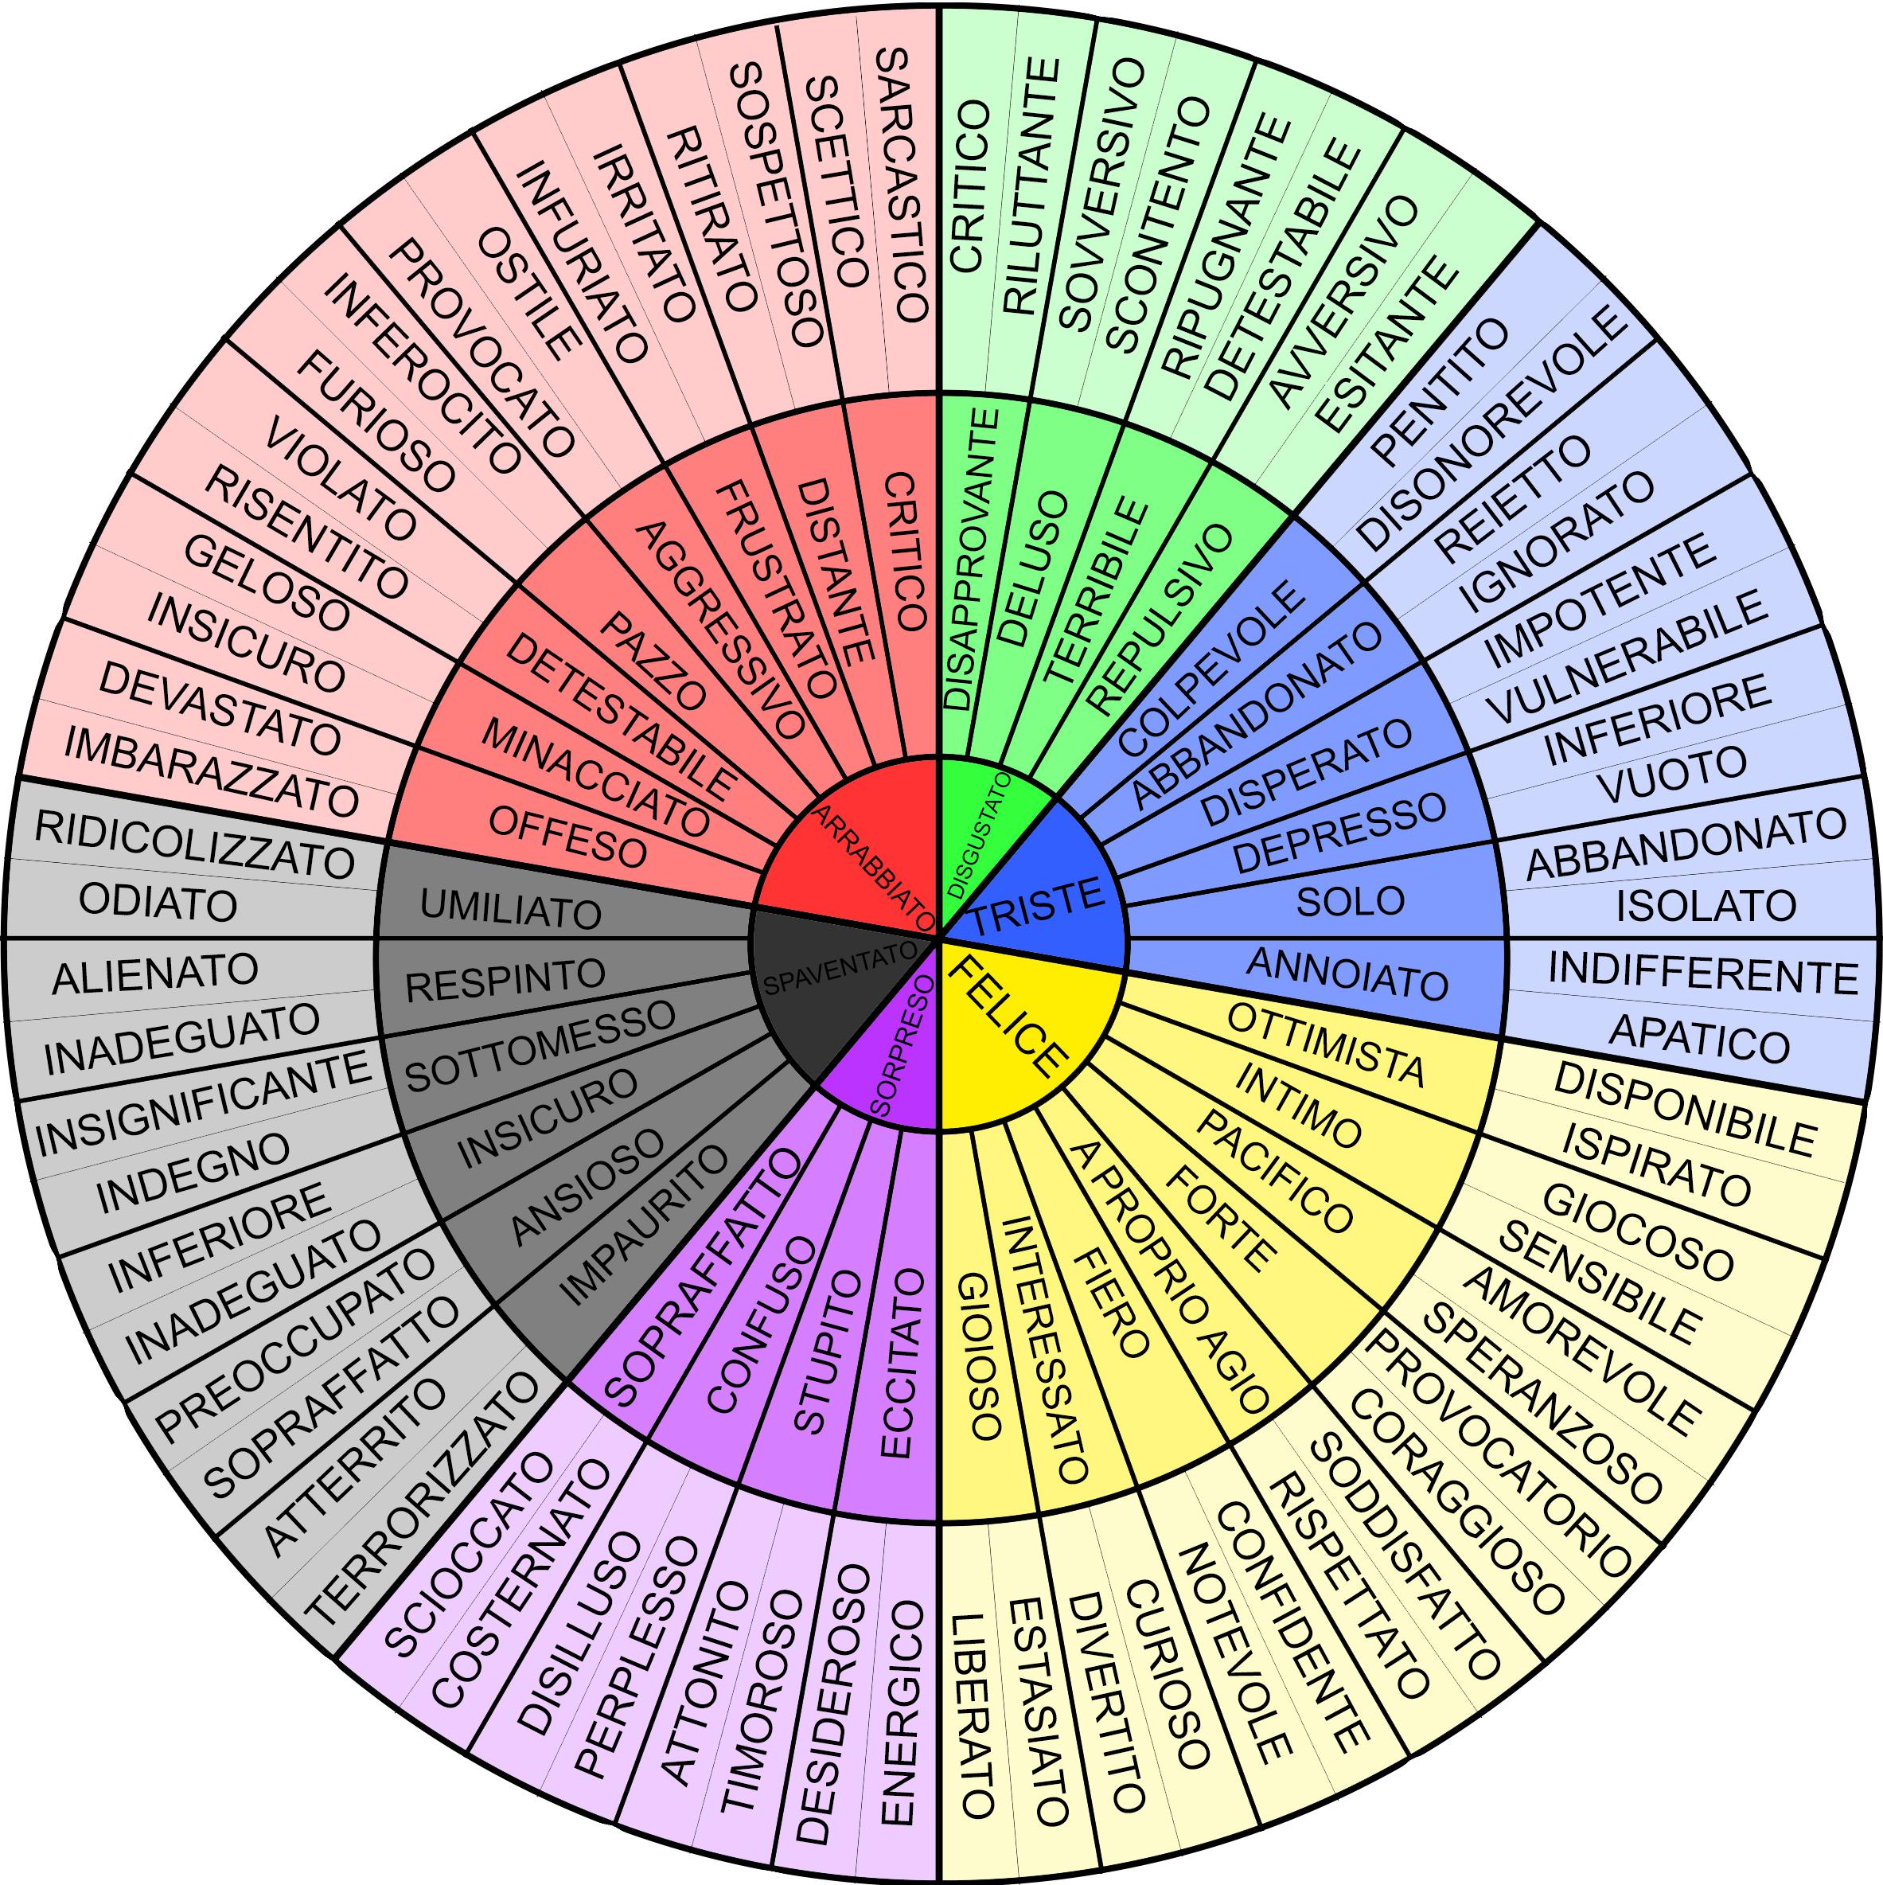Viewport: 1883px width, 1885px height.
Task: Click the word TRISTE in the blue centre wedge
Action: pos(1037,903)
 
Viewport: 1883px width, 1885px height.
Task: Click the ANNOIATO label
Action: pos(1347,974)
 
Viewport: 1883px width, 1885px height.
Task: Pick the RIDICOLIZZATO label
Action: pos(194,843)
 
